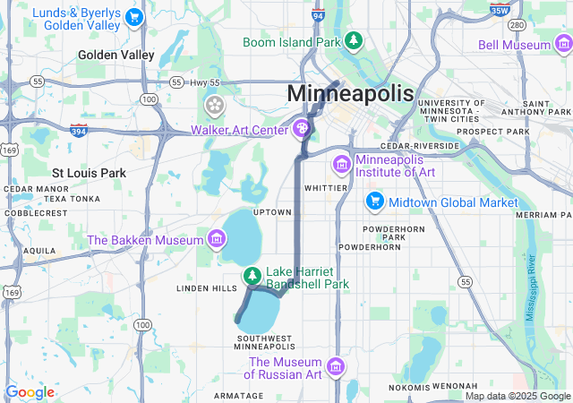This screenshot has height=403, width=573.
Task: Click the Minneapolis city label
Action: (350, 93)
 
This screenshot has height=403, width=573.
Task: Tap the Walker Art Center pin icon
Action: (304, 130)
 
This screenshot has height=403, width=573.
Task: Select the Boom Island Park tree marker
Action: (355, 41)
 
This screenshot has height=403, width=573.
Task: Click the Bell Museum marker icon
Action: (562, 43)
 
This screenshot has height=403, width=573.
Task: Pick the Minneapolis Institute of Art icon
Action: (341, 165)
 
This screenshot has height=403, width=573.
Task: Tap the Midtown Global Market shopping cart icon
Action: (374, 202)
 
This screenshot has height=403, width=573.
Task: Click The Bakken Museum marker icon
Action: (215, 239)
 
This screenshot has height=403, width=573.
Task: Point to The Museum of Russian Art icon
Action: (336, 366)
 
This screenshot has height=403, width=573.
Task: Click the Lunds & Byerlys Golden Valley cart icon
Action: (133, 17)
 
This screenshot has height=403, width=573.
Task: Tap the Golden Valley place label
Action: (115, 55)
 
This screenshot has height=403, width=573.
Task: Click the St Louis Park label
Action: (89, 172)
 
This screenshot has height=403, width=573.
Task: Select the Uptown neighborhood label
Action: (273, 212)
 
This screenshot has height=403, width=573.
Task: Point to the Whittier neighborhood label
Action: (325, 188)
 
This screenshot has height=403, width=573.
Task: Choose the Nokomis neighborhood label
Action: (411, 387)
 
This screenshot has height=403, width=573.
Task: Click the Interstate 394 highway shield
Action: (77, 130)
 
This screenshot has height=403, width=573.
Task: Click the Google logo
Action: (30, 391)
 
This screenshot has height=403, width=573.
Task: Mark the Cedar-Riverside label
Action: (419, 145)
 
